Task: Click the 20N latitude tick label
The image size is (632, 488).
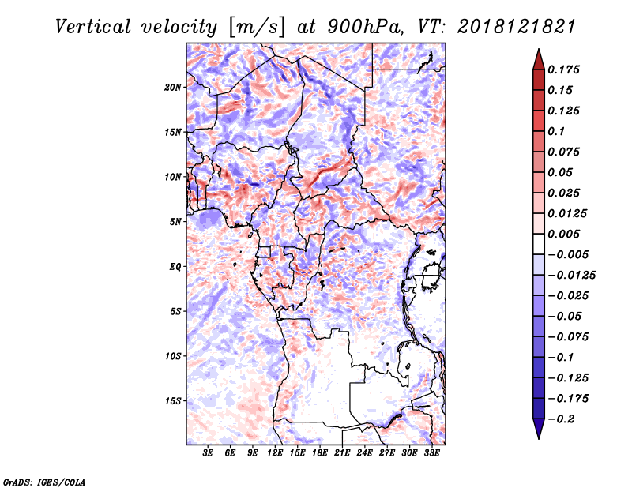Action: [173, 88]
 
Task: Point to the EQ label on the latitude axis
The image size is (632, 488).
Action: [175, 267]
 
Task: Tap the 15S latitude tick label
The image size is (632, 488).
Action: [173, 401]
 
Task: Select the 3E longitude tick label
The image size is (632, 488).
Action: [208, 453]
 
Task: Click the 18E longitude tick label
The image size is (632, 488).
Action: [320, 453]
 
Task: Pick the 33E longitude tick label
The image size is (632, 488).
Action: [431, 453]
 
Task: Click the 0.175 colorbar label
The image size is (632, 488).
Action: [563, 69]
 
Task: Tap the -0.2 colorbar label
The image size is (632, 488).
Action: [561, 419]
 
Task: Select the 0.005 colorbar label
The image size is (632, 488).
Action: [563, 234]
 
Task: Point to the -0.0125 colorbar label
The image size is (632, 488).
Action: [571, 276]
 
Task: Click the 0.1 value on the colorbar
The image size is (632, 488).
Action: [556, 131]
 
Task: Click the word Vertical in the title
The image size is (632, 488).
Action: [93, 27]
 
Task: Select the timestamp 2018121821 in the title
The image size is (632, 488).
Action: [517, 27]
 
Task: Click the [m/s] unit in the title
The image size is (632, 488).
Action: [257, 28]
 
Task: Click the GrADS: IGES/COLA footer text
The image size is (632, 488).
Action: [44, 482]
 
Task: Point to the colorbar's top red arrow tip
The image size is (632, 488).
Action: [539, 50]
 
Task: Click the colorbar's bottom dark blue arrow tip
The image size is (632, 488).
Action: [539, 438]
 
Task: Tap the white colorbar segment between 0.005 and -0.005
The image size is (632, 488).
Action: [539, 244]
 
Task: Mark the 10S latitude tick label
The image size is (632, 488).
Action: [173, 356]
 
